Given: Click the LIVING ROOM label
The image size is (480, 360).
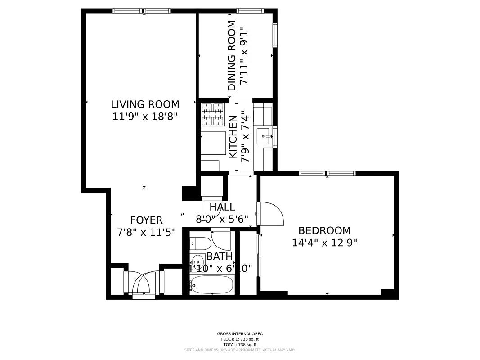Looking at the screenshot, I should (x=145, y=104).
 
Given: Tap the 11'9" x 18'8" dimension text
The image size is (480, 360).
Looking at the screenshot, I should (x=145, y=116).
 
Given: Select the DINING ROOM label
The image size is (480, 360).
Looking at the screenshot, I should (x=232, y=56).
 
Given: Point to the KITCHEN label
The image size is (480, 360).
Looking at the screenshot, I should (x=233, y=137).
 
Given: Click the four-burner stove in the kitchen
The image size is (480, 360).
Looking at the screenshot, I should (x=212, y=114).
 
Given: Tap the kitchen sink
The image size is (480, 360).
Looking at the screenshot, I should (x=264, y=135).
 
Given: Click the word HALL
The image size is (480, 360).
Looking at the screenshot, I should (x=222, y=207).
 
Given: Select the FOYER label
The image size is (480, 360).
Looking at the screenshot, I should (x=146, y=220).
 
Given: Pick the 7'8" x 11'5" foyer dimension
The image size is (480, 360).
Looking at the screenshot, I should (x=146, y=232).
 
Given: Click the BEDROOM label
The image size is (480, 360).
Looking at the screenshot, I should (x=324, y=231).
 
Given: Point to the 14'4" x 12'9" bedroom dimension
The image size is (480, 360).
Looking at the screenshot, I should (x=324, y=243).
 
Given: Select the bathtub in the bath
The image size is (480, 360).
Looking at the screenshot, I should (x=211, y=284).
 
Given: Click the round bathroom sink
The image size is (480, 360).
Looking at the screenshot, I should (x=197, y=261).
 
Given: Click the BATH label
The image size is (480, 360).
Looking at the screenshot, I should (x=220, y=256).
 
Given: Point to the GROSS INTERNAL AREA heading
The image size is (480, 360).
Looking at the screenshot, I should (x=240, y=334).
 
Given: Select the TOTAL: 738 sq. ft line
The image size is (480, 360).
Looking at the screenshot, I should (x=240, y=344).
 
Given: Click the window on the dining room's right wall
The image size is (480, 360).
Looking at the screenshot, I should (x=275, y=35).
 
